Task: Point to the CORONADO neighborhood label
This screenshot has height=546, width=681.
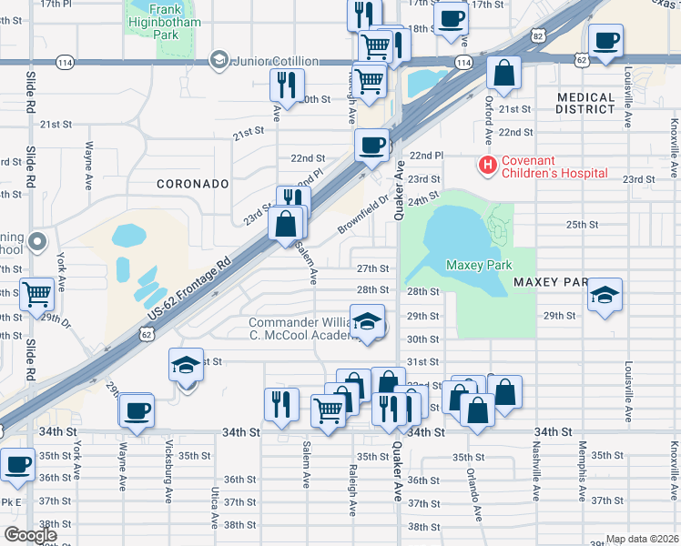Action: [192, 184]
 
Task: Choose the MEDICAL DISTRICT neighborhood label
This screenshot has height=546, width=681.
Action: [585, 103]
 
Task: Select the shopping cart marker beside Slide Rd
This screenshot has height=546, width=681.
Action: [36, 294]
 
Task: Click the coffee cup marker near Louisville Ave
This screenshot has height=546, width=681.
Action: [605, 39]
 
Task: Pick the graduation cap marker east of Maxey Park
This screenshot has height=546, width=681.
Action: [604, 295]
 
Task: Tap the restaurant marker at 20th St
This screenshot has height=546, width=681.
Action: [287, 85]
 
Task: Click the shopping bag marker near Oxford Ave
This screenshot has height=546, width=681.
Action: [503, 72]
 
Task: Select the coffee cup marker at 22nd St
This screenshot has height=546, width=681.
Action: [371, 144]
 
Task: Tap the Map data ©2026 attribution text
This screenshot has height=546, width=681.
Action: [642, 539]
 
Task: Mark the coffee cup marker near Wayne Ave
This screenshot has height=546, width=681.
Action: [136, 409]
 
